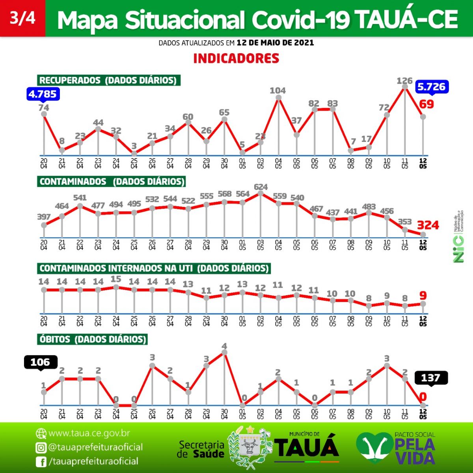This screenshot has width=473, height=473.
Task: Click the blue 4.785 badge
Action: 43,94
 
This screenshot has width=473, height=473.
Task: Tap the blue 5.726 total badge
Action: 432,87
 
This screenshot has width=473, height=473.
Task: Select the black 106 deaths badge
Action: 41,362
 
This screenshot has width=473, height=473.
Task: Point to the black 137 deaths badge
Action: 431,378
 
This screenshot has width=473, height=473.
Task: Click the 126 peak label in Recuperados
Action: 404,81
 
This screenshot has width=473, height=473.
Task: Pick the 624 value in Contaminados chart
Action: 261,187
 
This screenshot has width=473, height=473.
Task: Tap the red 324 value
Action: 428,225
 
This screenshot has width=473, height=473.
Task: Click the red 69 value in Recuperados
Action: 426,104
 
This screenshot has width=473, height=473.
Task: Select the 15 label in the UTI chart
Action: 116,279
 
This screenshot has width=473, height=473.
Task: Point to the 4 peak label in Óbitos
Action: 224,346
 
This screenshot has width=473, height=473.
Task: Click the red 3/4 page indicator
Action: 22,18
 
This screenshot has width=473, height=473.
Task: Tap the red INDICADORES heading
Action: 236,58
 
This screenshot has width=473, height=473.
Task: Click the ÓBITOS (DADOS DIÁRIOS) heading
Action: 93,339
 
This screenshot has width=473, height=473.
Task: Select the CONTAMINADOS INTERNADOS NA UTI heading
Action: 154,268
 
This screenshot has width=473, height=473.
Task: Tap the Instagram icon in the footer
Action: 41,447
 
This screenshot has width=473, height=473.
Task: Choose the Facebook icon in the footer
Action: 41,462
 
